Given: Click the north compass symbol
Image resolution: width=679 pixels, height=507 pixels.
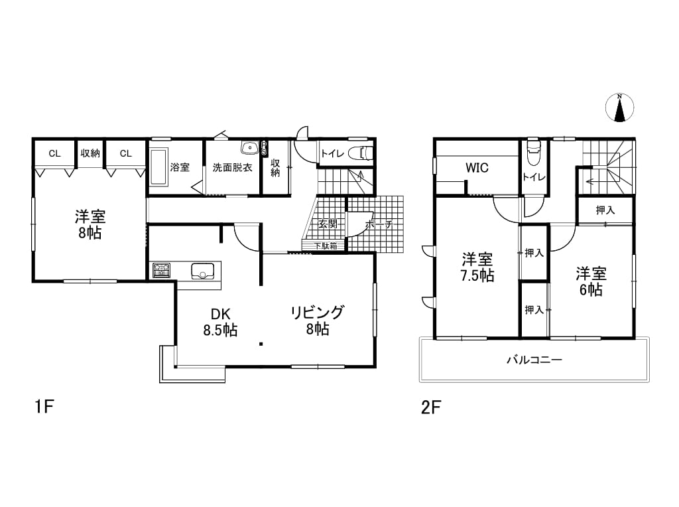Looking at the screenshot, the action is click(x=620, y=108).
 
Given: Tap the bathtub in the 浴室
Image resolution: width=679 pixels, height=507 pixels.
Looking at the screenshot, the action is click(x=159, y=167).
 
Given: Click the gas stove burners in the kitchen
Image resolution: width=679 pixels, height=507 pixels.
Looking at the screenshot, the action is click(x=161, y=270).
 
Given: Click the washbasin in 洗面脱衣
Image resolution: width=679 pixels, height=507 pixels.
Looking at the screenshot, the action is click(x=249, y=148).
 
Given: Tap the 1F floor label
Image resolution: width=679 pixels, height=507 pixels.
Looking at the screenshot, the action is click(x=44, y=407).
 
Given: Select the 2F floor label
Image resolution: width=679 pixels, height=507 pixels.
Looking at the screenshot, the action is click(x=431, y=407).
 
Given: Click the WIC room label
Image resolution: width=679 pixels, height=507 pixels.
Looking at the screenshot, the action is click(x=477, y=168).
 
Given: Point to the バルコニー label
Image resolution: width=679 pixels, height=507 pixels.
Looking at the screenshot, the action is click(x=534, y=360).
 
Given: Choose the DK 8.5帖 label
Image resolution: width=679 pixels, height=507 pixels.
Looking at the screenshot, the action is click(x=220, y=322).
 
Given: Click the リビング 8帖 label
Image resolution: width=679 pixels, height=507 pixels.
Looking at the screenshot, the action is click(x=318, y=321).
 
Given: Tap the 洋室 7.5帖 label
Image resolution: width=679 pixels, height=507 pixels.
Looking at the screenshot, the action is click(x=477, y=268).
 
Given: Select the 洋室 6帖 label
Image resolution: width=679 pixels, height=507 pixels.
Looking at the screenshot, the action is click(x=591, y=281).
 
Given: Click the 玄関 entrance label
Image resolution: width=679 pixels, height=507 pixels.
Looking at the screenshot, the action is click(x=328, y=224).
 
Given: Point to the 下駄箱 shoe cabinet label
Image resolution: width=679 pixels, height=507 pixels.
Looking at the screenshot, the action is click(x=326, y=246).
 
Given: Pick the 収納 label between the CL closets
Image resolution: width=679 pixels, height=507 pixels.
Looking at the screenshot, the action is click(x=90, y=153).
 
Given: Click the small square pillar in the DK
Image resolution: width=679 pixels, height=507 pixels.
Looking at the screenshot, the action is click(x=261, y=344).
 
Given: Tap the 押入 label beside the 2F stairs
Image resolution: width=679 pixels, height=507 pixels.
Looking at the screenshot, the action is click(x=605, y=210).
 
